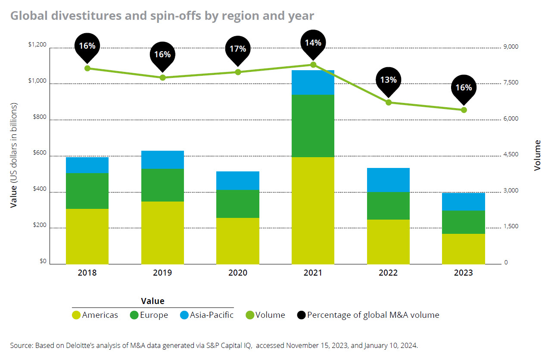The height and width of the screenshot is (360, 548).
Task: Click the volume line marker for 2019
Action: [x=163, y=78]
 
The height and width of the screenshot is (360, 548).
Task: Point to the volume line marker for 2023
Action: [x=464, y=110]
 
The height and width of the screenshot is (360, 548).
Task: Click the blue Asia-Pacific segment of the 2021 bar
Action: [x=313, y=82]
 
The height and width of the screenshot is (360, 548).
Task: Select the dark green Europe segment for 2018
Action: [x=87, y=191]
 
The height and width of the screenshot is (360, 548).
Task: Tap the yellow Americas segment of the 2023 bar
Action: [x=464, y=249]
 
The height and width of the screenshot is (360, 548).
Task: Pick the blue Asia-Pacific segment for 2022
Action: [x=388, y=180]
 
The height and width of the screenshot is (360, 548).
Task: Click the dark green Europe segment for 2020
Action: [x=238, y=204]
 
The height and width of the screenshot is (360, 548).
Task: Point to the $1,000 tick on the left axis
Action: [x=37, y=81]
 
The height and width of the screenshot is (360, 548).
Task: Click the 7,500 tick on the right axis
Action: [x=511, y=82]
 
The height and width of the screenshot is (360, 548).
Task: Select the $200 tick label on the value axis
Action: [x=40, y=225]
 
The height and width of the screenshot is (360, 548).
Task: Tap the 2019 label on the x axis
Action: [x=162, y=273]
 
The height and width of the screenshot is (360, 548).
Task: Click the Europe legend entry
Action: [x=149, y=315]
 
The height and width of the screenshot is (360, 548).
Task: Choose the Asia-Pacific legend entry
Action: [x=206, y=315]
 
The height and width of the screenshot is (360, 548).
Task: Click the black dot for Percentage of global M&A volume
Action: [x=301, y=315]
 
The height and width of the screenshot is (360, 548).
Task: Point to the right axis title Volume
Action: [x=537, y=155]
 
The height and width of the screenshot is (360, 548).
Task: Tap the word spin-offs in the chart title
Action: [x=176, y=16]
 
